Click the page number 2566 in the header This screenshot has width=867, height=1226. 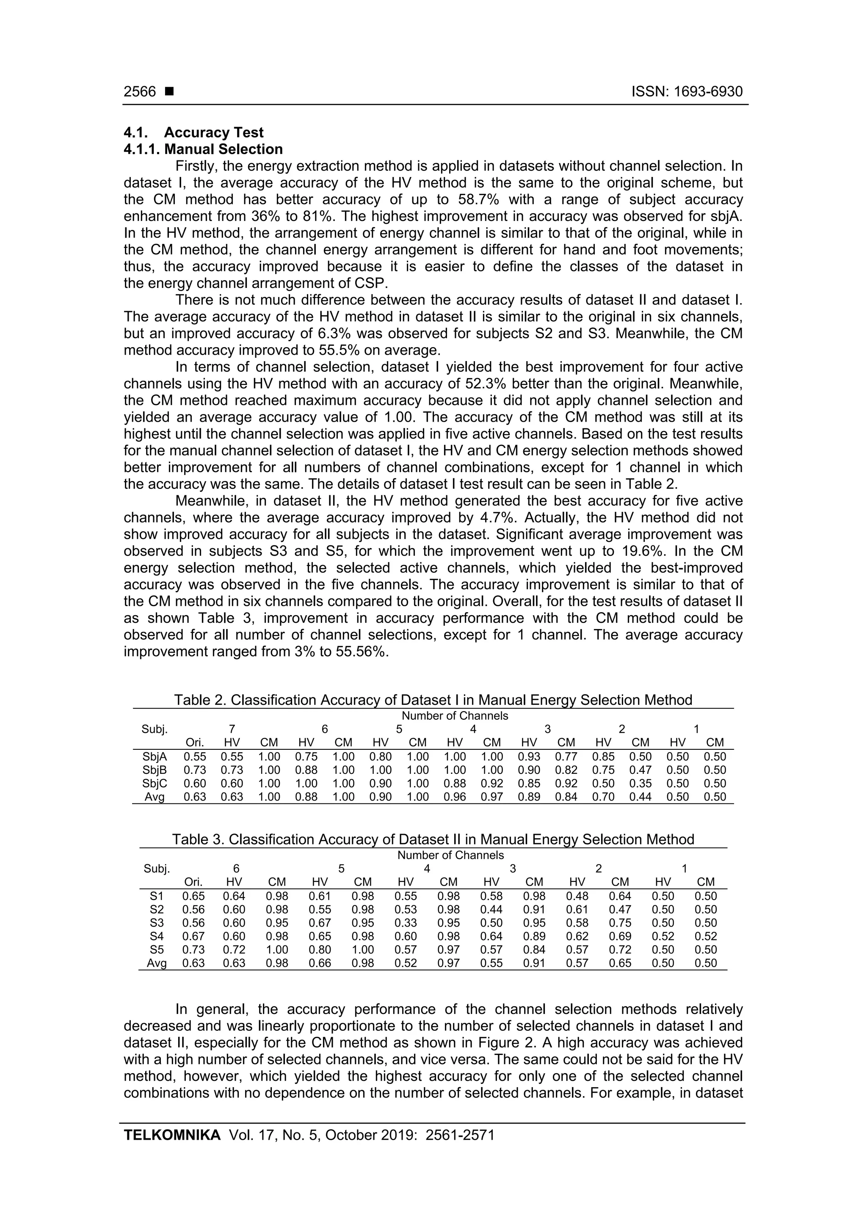tap(139, 92)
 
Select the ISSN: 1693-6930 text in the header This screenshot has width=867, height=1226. tap(687, 92)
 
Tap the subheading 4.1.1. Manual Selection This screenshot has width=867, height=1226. tap(203, 149)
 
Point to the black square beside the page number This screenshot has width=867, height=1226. tap(169, 92)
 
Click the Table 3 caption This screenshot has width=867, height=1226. tap(433, 839)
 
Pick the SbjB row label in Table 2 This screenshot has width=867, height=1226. tap(155, 770)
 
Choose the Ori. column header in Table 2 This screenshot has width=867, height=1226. tap(194, 743)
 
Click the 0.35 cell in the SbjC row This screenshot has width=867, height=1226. tap(640, 783)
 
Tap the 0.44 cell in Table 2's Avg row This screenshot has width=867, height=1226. tap(640, 797)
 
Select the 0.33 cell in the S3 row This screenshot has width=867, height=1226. tap(406, 923)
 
